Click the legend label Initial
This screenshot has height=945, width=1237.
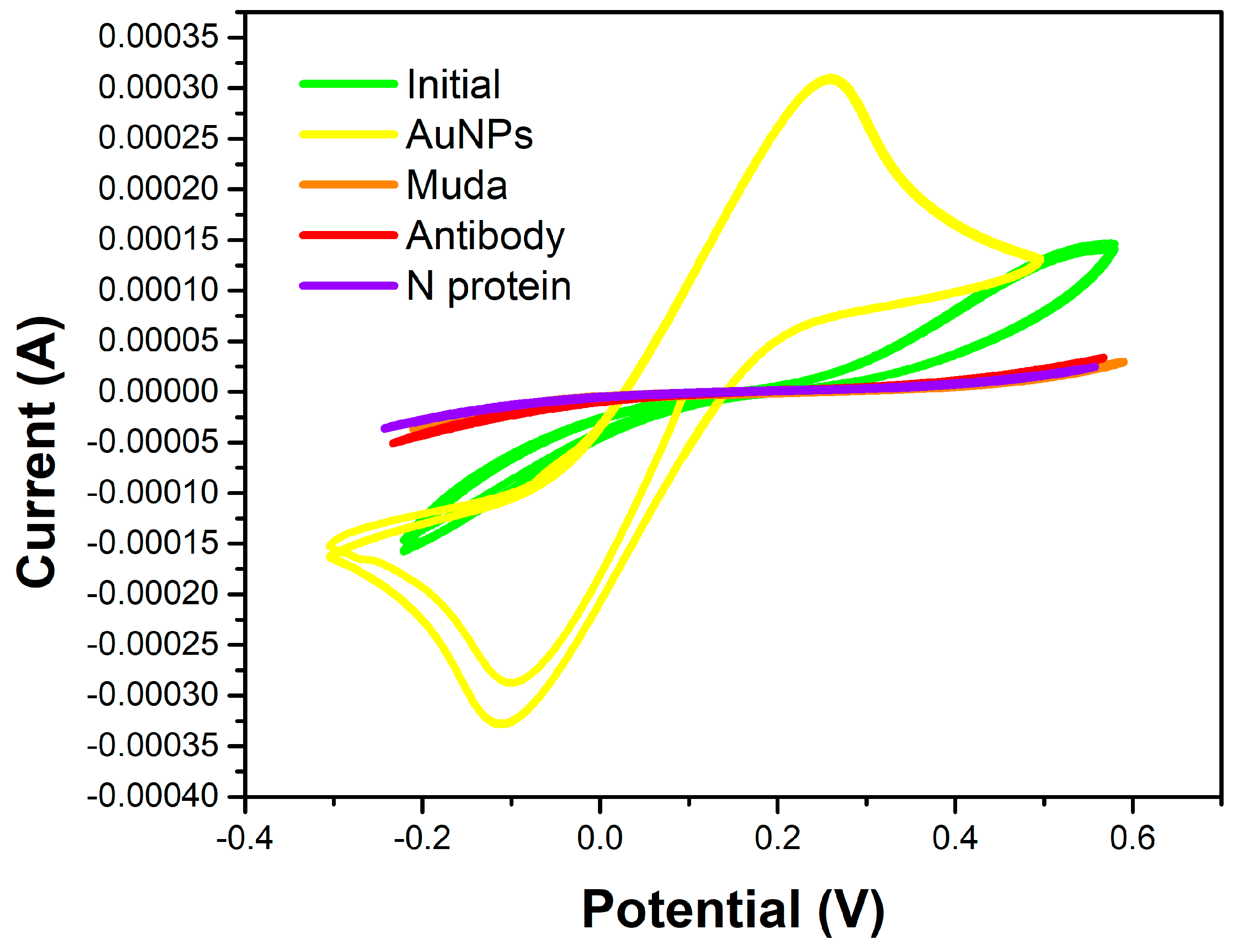pos(453,84)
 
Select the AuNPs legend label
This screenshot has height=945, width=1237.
pos(469,135)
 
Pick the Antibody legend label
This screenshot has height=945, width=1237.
pos(485,236)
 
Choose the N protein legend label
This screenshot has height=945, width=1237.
pos(488,286)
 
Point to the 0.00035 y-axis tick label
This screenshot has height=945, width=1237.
pos(158,37)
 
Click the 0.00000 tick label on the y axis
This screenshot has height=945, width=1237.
pos(158,391)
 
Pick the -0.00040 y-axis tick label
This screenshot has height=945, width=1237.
pos(152,796)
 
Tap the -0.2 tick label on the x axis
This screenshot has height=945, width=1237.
pos(422,838)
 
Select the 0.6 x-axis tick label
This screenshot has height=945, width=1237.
pos(1132,838)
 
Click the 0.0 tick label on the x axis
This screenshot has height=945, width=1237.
pos(599,838)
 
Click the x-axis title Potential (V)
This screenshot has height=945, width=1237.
pos(732,910)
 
